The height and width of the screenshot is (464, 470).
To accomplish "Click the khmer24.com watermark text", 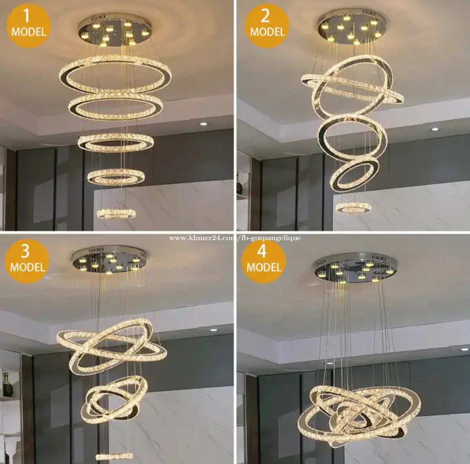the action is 235,238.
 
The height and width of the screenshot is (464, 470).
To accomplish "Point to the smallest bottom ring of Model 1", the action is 117,213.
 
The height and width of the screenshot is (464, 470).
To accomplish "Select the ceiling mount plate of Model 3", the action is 109,263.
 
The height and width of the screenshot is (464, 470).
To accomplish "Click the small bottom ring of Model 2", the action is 353,208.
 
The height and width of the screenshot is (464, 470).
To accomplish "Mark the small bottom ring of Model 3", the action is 114,456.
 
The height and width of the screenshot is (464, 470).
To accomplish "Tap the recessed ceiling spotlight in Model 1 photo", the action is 204,124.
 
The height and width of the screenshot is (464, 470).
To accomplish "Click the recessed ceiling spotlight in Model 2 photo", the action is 435,129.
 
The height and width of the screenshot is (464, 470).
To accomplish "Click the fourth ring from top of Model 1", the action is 116,176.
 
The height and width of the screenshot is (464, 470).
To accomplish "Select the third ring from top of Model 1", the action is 116,143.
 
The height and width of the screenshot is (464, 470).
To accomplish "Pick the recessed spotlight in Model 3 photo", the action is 214,330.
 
